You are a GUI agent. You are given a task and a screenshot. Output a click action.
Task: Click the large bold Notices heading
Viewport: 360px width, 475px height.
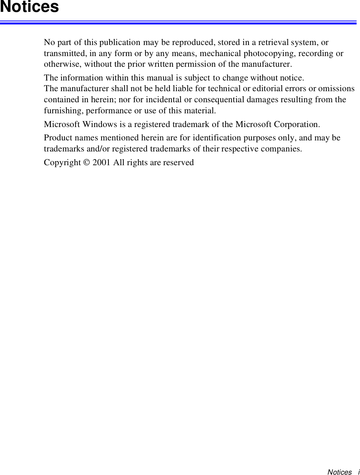coord(29,7)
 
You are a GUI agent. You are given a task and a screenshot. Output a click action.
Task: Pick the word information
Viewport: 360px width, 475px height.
coord(81,78)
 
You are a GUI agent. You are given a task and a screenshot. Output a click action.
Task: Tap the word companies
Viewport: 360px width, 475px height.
coord(282,148)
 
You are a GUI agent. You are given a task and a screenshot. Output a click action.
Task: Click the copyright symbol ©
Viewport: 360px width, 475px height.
coord(87,163)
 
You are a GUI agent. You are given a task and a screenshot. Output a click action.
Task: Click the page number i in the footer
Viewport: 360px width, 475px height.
coord(358,472)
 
